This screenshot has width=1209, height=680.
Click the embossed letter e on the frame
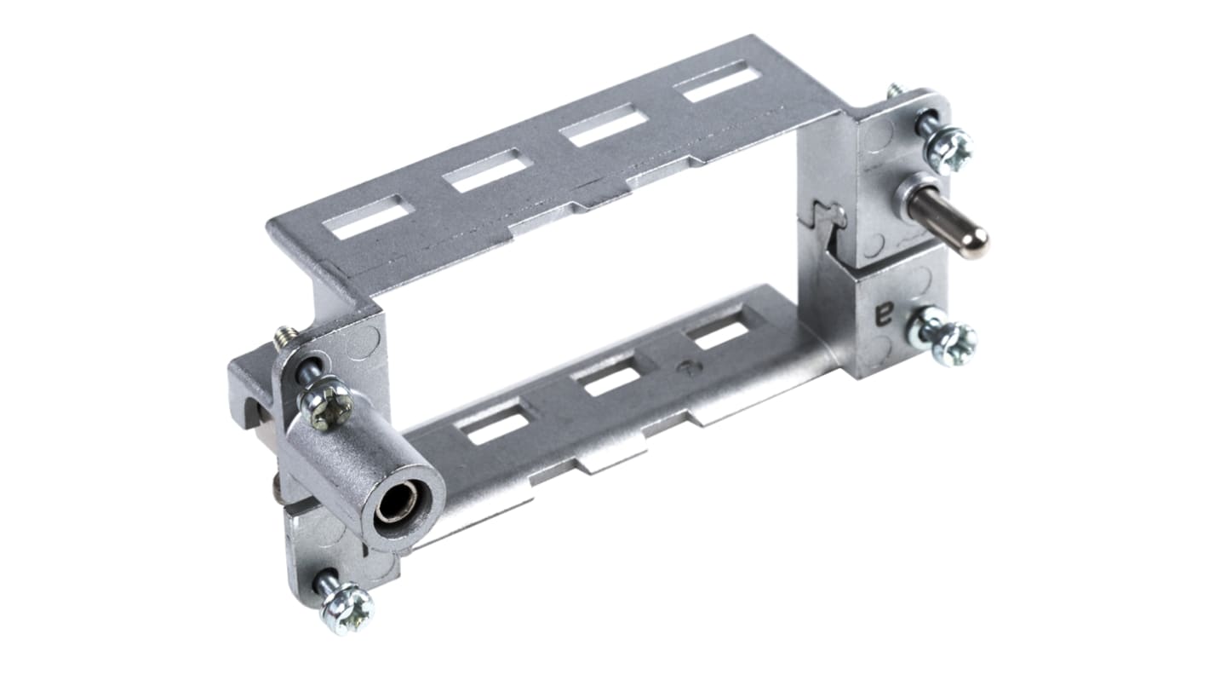[884, 313]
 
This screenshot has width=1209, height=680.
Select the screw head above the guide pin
[948, 150]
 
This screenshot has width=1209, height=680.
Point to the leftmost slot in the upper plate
[368, 216]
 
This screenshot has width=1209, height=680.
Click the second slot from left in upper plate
[488, 170]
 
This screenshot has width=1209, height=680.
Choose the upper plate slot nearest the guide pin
[717, 83]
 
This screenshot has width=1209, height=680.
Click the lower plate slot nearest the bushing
[492, 424]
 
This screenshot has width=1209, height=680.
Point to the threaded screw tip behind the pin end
[895, 89]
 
